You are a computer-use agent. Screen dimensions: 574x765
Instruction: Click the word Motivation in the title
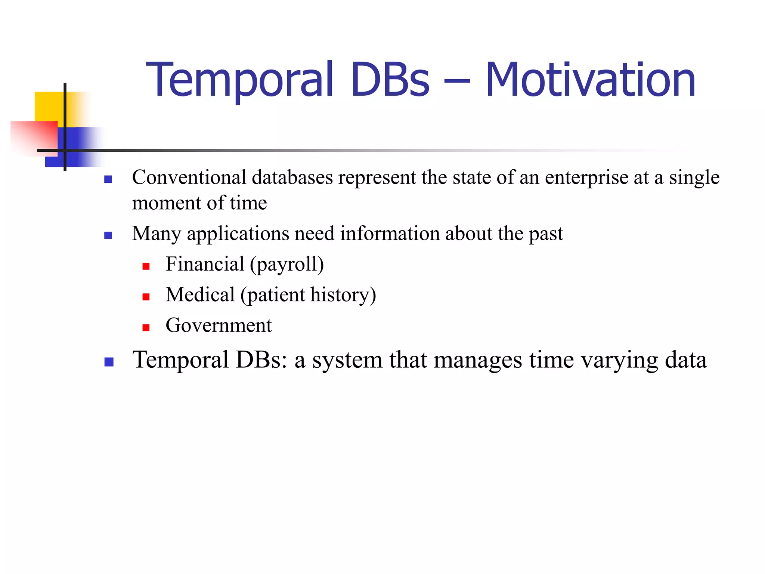click(590, 80)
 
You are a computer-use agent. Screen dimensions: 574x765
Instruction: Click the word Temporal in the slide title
click(239, 80)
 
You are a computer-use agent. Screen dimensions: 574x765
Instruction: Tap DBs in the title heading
click(390, 80)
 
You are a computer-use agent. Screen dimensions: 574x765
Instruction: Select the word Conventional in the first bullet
click(189, 177)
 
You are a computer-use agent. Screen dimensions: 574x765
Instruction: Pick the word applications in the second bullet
click(238, 234)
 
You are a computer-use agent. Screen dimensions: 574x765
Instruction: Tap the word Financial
click(205, 264)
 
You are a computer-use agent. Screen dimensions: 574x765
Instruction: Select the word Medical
click(200, 295)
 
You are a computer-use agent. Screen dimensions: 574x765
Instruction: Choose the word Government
click(219, 325)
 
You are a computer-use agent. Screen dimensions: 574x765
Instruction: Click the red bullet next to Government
click(146, 328)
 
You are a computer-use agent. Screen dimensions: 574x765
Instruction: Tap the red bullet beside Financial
click(146, 266)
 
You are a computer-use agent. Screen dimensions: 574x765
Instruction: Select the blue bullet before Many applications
click(108, 235)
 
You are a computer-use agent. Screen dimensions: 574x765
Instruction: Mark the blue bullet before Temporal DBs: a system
click(109, 362)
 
